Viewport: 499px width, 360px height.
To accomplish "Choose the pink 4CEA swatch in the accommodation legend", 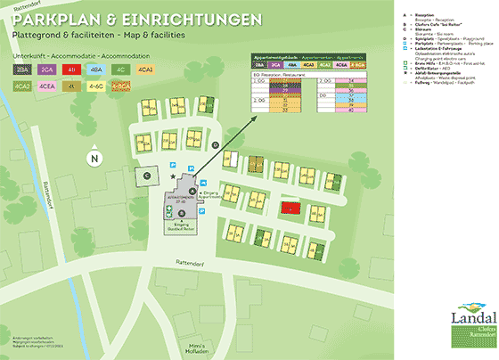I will [x=46, y=86].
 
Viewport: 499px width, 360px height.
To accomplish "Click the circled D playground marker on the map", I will [x=215, y=144].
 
